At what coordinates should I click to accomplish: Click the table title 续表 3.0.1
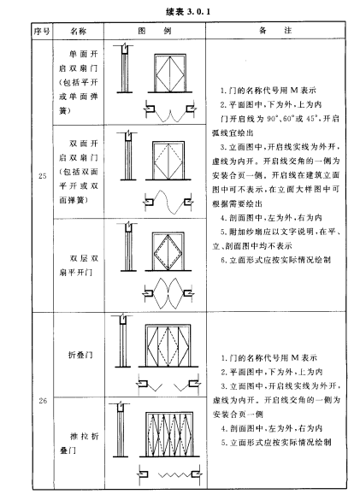[x=188, y=12]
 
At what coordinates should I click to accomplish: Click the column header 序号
[x=42, y=31]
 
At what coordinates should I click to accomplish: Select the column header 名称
[x=78, y=31]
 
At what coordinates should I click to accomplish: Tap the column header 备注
[x=275, y=31]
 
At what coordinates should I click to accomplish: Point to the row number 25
[x=43, y=176]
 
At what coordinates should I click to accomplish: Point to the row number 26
[x=43, y=401]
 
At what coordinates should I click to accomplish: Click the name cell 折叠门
[x=80, y=355]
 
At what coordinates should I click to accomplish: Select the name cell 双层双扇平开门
[x=79, y=265]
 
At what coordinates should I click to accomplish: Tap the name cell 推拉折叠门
[x=79, y=443]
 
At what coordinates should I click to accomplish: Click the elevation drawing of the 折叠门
[x=168, y=345]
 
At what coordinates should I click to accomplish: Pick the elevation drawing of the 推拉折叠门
[x=169, y=434]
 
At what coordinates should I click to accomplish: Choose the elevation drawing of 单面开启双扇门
[x=170, y=74]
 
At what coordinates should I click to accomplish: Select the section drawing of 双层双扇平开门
[x=128, y=246]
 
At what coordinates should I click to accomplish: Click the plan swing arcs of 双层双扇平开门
[x=168, y=293]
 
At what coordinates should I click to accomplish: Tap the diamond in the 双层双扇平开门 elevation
[x=168, y=251]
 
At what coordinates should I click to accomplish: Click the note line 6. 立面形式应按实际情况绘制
[x=276, y=260]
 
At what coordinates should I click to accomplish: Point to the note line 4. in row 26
[x=271, y=428]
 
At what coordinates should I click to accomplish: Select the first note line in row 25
[x=268, y=91]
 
